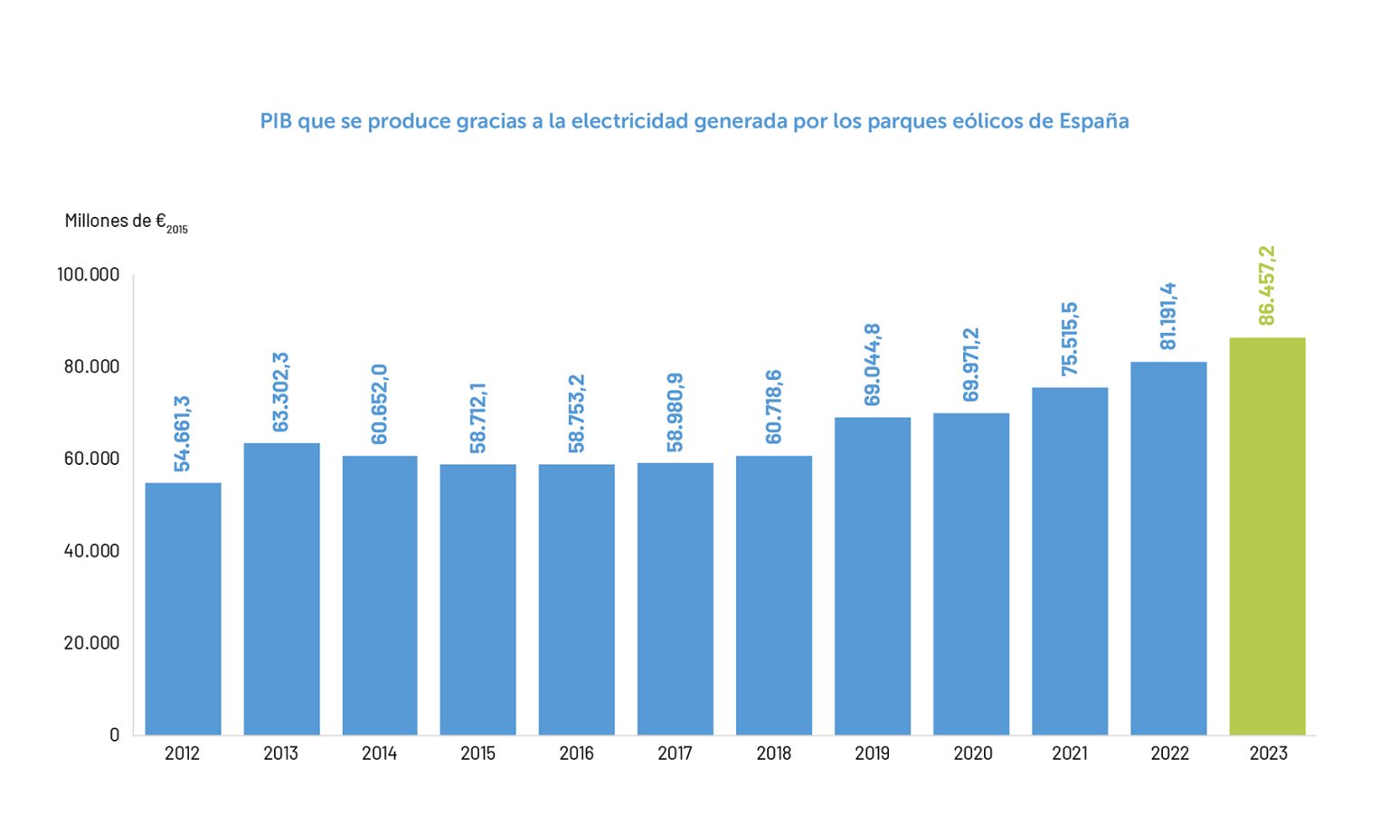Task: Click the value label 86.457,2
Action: pyautogui.click(x=1267, y=285)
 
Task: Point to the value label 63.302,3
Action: pyautogui.click(x=281, y=392)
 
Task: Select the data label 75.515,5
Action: pyautogui.click(x=1070, y=338)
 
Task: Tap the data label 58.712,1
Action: pyautogui.click(x=478, y=417)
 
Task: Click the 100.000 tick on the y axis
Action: pyautogui.click(x=88, y=274)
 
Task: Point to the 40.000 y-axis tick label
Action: pyautogui.click(x=91, y=551)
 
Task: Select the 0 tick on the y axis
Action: pyautogui.click(x=114, y=734)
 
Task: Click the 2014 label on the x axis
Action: pyautogui.click(x=379, y=753)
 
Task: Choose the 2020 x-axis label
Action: pyautogui.click(x=972, y=753)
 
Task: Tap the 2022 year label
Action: pyautogui.click(x=1169, y=753)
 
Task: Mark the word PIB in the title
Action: pyautogui.click(x=276, y=121)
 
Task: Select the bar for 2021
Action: pyautogui.click(x=1070, y=561)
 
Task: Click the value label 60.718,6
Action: pyautogui.click(x=774, y=406)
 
